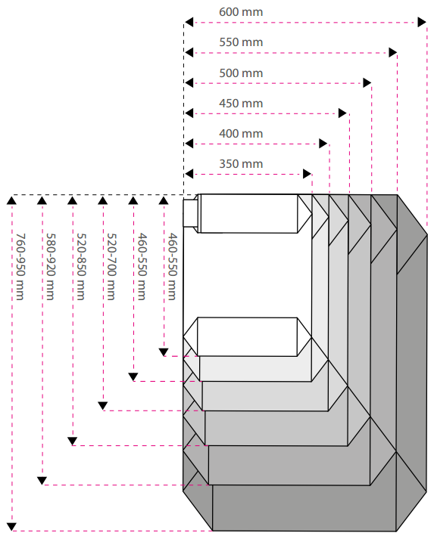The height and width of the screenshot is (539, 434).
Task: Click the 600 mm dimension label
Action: [241, 12]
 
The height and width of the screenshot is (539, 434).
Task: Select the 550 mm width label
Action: [241, 42]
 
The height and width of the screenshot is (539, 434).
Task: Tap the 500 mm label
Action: [241, 73]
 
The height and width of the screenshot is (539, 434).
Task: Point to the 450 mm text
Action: [241, 104]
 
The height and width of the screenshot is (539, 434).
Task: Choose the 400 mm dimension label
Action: [241, 134]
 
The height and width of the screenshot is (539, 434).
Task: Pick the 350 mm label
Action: [241, 164]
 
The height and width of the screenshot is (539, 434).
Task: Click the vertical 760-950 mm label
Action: [20, 266]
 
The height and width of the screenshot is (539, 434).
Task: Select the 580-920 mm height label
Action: [51, 266]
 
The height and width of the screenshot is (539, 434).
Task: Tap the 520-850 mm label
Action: [81, 266]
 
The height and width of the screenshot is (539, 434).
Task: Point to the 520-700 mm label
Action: [111, 266]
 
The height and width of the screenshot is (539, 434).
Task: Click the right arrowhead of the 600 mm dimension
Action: [422, 23]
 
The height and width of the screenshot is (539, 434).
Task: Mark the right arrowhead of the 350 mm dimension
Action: [308, 174]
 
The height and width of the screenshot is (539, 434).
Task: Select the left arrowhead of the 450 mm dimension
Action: [189, 113]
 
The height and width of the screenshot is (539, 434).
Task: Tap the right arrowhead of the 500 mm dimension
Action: [367, 83]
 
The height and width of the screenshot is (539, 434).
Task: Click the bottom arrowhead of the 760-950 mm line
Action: [11, 527]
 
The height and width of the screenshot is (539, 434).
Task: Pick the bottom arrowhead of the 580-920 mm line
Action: [42, 481]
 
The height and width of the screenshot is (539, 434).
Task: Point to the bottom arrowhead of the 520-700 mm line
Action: [103, 406]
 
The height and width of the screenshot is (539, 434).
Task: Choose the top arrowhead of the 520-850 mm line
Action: [73, 200]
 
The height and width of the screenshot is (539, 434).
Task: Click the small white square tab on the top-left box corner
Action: [190, 213]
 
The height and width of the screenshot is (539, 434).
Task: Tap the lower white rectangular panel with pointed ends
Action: [248, 337]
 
